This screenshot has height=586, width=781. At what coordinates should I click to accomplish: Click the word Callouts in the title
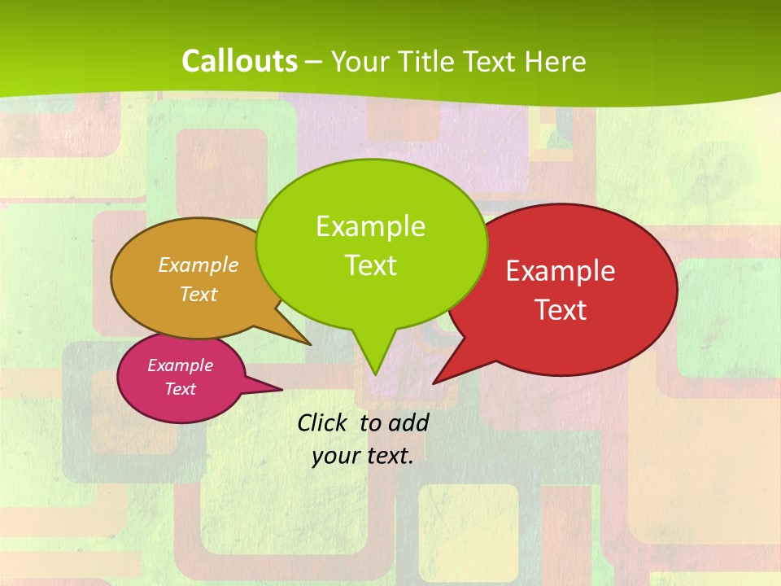(x=239, y=61)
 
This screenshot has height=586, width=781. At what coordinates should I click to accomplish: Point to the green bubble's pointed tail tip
(x=375, y=374)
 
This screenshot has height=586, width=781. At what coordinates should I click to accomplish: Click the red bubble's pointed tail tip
(x=434, y=382)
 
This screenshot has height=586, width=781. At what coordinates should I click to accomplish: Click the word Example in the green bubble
(x=370, y=225)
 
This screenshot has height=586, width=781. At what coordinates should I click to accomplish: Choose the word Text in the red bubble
(x=561, y=310)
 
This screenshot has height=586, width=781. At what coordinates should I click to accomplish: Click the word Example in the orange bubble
(x=199, y=265)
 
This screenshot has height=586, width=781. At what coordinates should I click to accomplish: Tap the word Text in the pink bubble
(x=180, y=389)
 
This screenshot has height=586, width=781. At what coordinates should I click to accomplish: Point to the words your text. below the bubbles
(x=363, y=455)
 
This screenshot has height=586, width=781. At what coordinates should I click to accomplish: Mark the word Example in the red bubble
(x=561, y=271)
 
